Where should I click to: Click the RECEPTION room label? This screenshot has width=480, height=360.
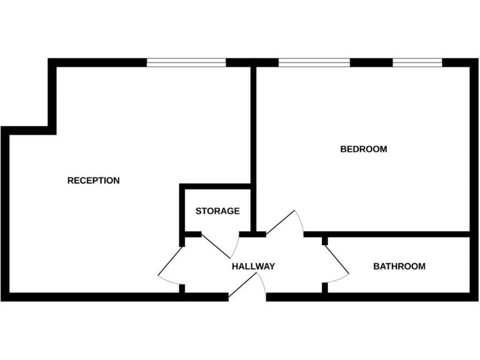(x=93, y=181)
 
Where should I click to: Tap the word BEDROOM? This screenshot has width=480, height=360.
(x=363, y=149)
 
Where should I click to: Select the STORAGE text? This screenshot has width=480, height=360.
(x=217, y=211)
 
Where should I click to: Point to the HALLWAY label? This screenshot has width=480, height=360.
(x=253, y=266)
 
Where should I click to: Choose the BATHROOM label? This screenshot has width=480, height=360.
(x=399, y=266)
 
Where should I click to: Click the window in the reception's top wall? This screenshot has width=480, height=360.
(x=186, y=62)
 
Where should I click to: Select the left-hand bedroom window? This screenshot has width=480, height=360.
(x=314, y=62)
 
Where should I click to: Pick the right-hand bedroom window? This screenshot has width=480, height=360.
(x=417, y=62)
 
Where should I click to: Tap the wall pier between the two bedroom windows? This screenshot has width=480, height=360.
(x=371, y=62)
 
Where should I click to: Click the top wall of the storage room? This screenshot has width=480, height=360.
(x=216, y=186)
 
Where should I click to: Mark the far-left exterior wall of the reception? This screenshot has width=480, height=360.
(x=5, y=212)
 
